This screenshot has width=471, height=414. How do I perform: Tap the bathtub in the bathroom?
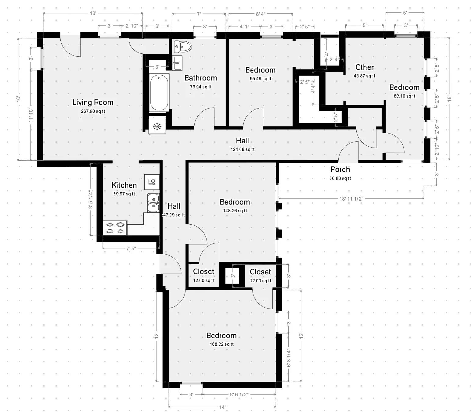click(x=159, y=93)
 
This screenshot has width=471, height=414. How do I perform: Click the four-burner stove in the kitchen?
click(x=115, y=228)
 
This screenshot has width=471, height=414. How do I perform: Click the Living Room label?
click(x=93, y=102)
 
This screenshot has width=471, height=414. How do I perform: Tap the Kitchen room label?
click(x=124, y=185)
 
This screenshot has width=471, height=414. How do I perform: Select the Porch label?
click(x=340, y=170)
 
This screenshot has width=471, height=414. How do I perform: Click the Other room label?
click(x=365, y=67)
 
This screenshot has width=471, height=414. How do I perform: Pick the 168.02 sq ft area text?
click(x=221, y=344)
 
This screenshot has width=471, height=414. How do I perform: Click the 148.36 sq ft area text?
click(x=235, y=211)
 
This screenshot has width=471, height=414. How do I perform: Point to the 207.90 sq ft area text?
click(x=93, y=111)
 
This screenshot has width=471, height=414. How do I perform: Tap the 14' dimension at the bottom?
click(x=222, y=407)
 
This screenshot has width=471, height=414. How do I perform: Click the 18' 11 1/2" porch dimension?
click(x=351, y=199)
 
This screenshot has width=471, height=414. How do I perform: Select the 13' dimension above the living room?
click(x=93, y=13)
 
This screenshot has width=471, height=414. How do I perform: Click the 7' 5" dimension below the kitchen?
click(x=131, y=248)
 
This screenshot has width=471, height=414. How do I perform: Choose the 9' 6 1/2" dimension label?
click(x=239, y=394)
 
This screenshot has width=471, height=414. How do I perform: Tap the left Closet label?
click(x=203, y=272)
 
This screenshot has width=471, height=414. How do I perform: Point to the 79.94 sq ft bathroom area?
click(x=201, y=87)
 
